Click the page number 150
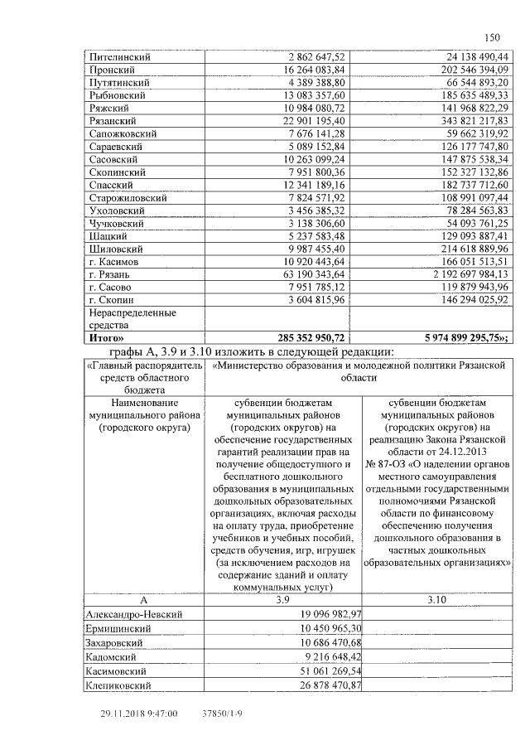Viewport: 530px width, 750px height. [x=491, y=37]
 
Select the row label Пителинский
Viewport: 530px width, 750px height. [x=119, y=57]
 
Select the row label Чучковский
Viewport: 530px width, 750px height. [x=117, y=224]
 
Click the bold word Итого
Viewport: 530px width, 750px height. [x=106, y=338]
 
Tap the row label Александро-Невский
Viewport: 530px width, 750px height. [x=134, y=614]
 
